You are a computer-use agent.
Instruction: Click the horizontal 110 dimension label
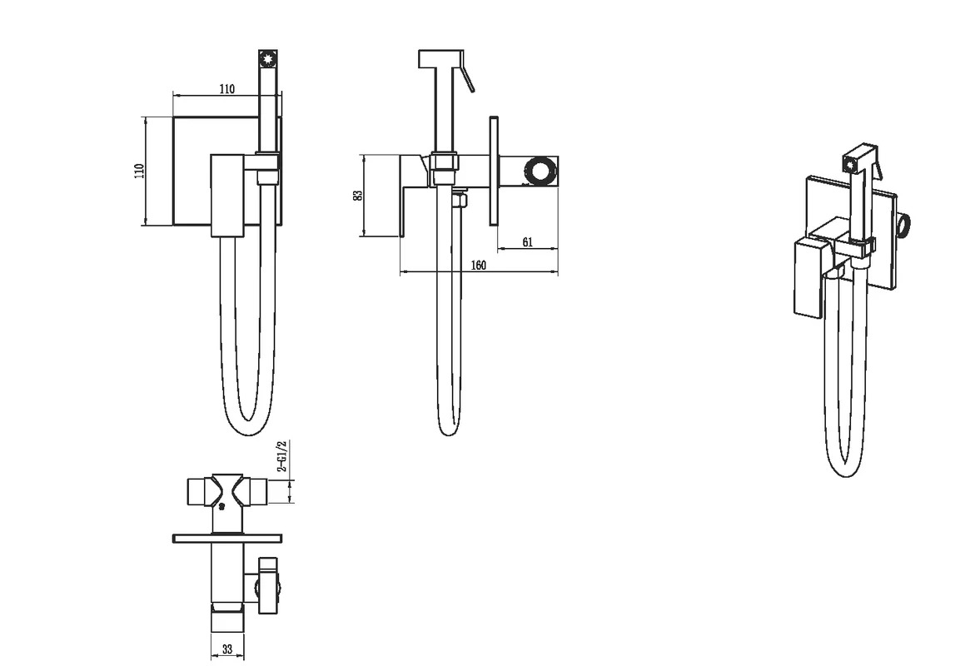[227, 89]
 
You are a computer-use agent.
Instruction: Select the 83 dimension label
[357, 196]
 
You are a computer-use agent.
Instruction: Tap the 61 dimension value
[527, 242]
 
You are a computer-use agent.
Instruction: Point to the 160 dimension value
[478, 266]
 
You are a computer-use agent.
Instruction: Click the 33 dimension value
[227, 649]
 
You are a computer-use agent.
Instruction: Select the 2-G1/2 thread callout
[281, 456]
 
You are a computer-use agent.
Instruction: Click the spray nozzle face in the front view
[268, 60]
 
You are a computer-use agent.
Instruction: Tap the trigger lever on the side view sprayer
[466, 72]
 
